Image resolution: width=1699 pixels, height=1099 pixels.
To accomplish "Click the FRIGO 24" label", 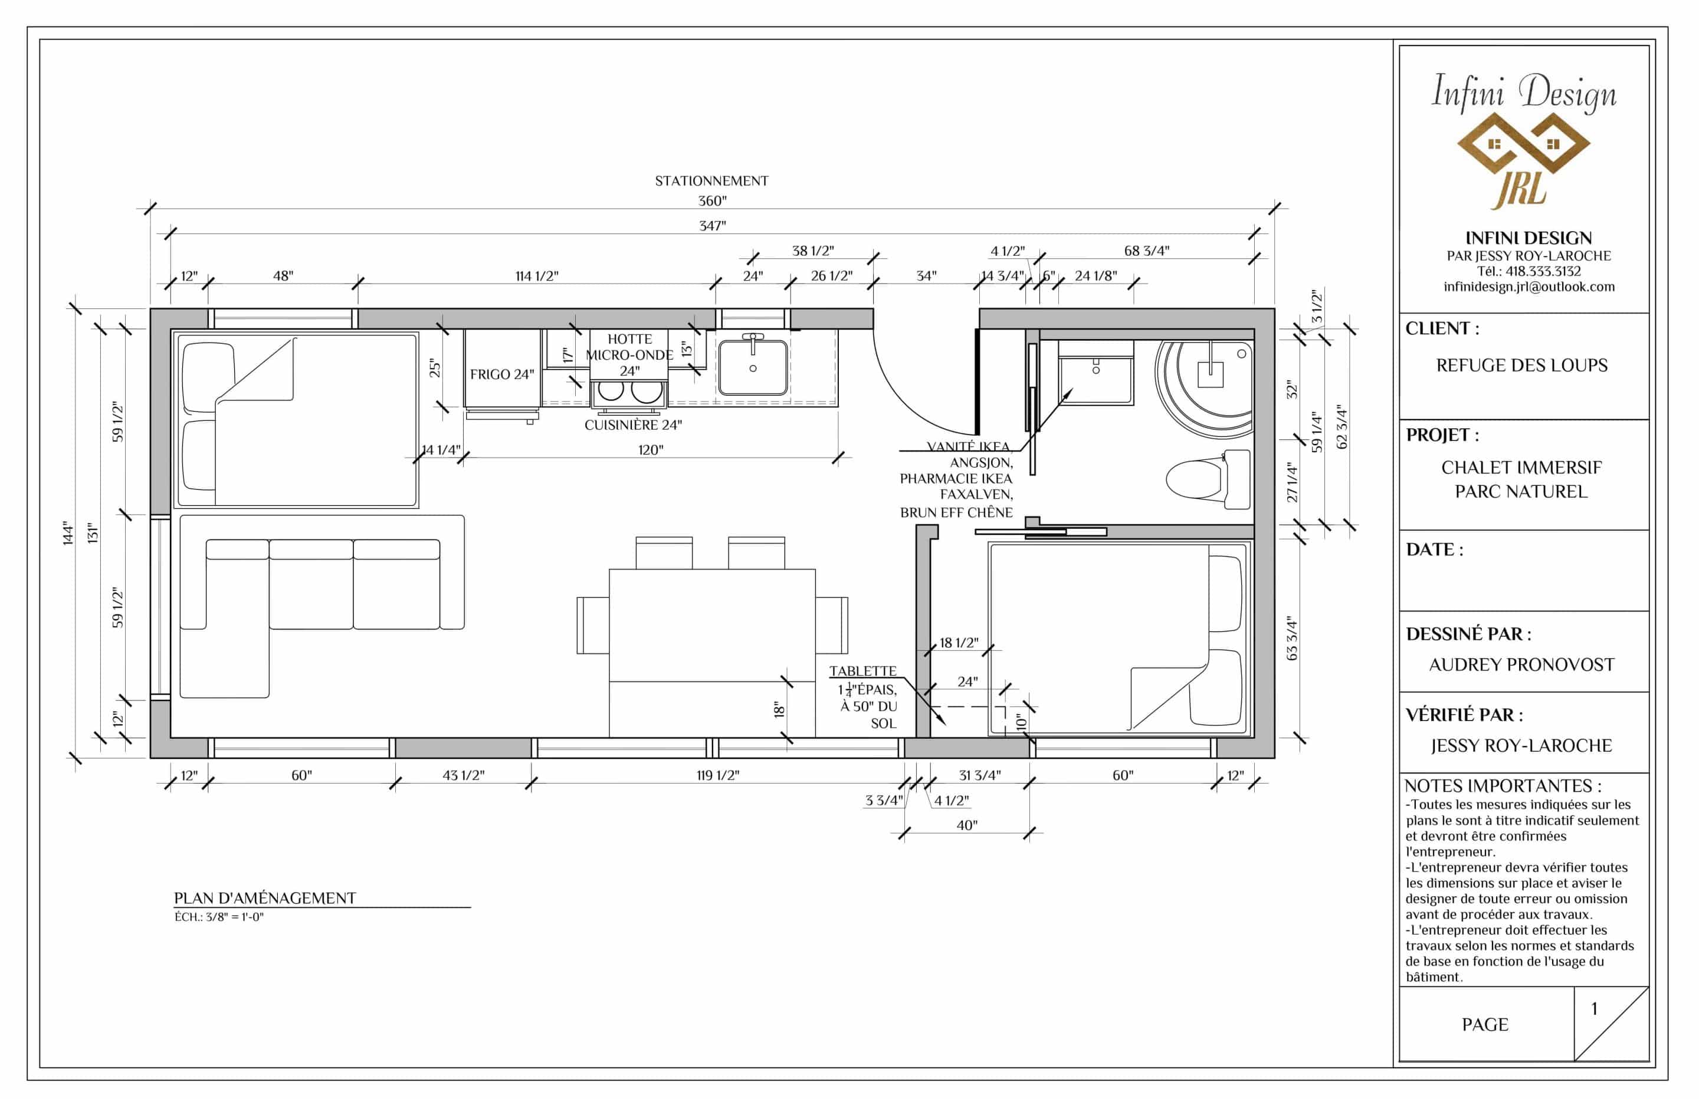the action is [502, 374].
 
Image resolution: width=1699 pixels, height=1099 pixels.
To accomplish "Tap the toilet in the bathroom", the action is [1208, 479].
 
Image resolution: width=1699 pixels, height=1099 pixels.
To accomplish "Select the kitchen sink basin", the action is [753, 367].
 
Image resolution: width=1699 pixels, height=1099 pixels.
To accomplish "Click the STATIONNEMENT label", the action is [711, 181].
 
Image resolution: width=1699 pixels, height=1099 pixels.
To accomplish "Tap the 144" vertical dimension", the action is [68, 533].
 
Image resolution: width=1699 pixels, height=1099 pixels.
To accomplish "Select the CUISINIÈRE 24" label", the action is [633, 425].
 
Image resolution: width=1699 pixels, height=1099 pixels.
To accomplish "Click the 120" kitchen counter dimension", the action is [650, 450].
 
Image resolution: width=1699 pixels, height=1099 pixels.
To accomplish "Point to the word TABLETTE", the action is [862, 672].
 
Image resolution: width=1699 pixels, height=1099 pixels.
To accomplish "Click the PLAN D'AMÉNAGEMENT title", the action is [265, 899].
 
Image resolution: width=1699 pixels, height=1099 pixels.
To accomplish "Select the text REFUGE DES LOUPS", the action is [1522, 366].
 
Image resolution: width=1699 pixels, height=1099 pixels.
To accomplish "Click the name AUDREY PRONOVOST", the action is [1521, 665].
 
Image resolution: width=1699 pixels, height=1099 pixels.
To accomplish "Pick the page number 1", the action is [1594, 1009].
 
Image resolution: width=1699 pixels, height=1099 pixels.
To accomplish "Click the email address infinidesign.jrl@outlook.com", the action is [1529, 287].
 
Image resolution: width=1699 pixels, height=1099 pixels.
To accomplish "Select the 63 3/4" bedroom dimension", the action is [1292, 639].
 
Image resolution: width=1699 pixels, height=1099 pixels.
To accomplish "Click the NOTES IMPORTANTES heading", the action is [1503, 787].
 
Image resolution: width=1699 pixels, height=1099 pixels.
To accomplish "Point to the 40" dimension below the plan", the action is [966, 825].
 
